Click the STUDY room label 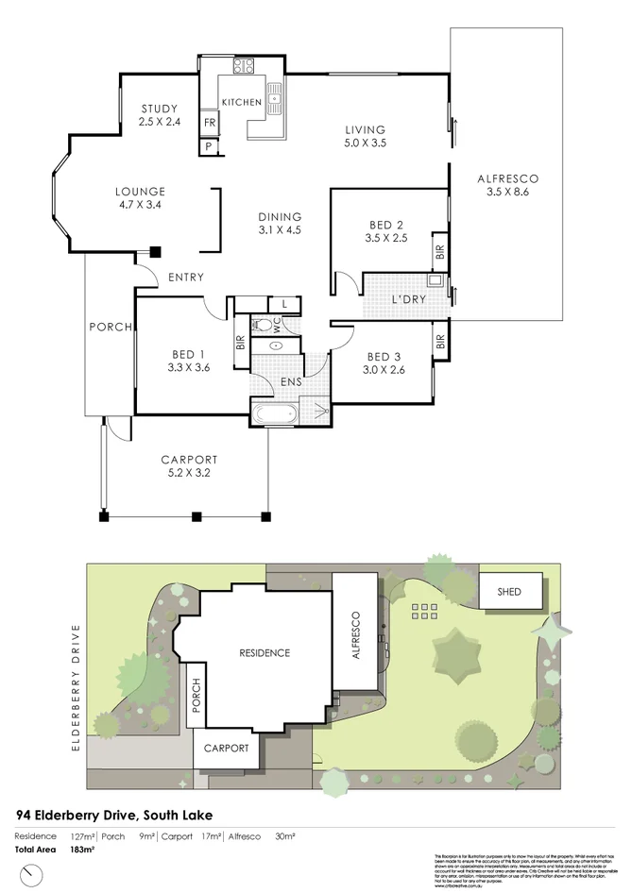(158, 109)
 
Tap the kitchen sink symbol (276, 95)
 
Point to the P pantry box (208, 146)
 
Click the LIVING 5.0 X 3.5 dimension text (365, 143)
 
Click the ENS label (292, 381)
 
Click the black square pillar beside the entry (155, 252)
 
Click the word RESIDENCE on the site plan (264, 652)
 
